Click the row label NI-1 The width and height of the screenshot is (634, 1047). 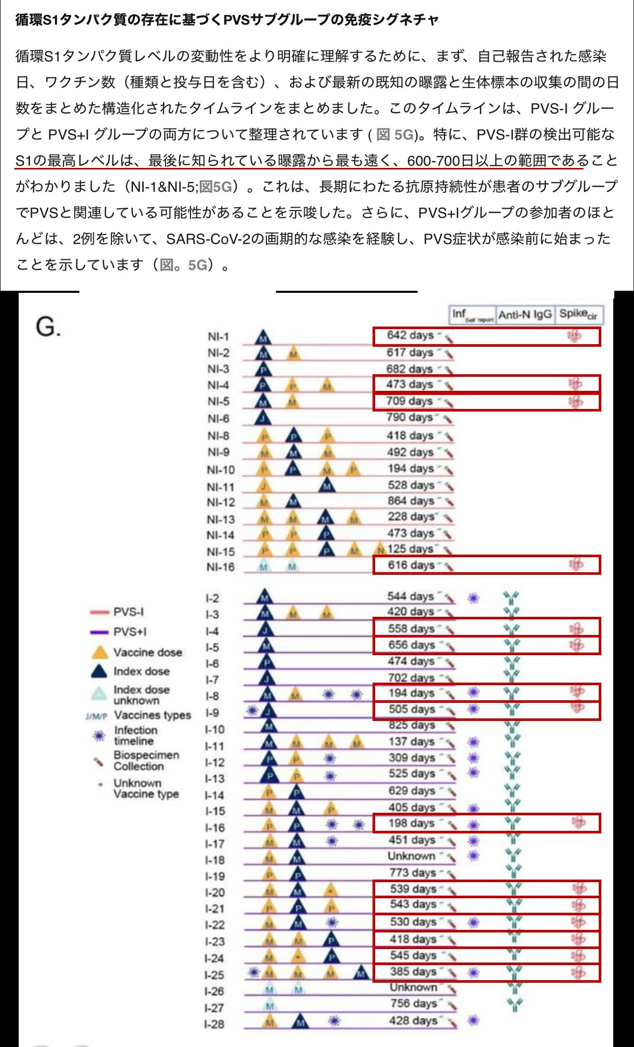(x=218, y=337)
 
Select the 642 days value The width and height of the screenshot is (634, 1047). (x=410, y=335)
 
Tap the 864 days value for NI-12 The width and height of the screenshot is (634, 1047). (x=410, y=501)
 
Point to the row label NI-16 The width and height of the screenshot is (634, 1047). (x=220, y=567)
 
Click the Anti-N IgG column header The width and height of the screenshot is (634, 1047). (x=525, y=315)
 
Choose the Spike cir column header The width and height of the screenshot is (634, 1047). (x=578, y=314)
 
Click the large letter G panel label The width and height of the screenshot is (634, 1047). (x=48, y=327)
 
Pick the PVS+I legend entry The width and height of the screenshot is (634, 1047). (x=130, y=632)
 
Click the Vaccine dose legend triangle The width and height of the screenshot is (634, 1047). (x=100, y=653)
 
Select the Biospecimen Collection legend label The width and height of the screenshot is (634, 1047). (x=146, y=761)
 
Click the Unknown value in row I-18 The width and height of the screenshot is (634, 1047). (x=411, y=856)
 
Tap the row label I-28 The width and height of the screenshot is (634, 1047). (x=214, y=1024)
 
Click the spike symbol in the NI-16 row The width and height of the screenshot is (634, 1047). (x=575, y=564)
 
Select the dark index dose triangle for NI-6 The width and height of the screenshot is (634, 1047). (x=263, y=418)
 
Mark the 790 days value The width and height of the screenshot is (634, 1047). (x=409, y=417)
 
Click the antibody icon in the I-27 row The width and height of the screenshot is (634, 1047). (x=514, y=1004)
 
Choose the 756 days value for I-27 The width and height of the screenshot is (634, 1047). (x=414, y=1004)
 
